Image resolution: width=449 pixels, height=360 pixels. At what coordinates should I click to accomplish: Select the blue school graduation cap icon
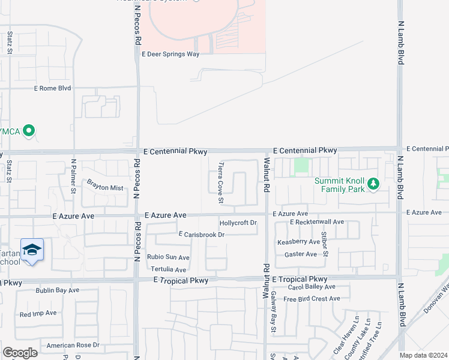coord(32,250)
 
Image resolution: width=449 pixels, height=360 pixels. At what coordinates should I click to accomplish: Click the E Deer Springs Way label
coord(170,53)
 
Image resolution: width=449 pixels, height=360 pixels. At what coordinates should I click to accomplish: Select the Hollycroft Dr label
coord(238,223)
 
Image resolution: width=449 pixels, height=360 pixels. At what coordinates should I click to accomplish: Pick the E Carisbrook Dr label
coord(201,234)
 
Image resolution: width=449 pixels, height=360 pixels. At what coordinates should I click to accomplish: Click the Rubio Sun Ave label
coord(168,257)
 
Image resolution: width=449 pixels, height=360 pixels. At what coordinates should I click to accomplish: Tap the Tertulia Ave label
coord(168,269)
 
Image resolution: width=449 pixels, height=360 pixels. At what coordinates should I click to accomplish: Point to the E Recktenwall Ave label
coord(316,222)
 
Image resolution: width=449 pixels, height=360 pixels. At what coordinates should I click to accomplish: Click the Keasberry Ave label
coord(298,242)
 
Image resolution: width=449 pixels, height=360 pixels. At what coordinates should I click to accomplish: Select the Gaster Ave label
coord(301,254)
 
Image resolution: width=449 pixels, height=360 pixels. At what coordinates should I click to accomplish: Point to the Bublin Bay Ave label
coord(49,290)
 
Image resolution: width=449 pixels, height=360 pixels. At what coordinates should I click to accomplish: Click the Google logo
coord(20,353)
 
